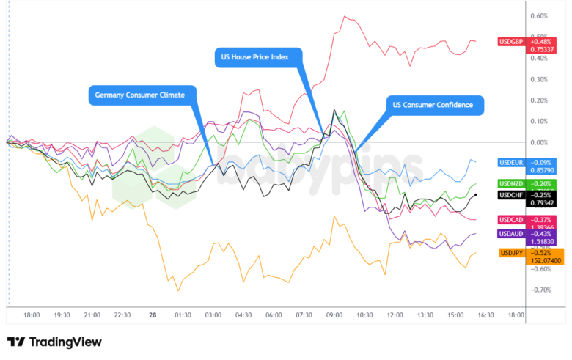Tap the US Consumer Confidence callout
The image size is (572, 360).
(x=438, y=105)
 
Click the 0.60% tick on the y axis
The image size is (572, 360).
(x=539, y=15)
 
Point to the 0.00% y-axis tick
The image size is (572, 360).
(x=539, y=142)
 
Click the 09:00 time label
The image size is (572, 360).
(x=334, y=315)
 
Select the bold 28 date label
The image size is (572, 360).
(x=152, y=315)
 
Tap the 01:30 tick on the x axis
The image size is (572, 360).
(x=183, y=315)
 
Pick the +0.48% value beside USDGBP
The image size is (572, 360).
(x=540, y=41)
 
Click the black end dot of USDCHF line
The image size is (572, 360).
(x=477, y=194)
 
